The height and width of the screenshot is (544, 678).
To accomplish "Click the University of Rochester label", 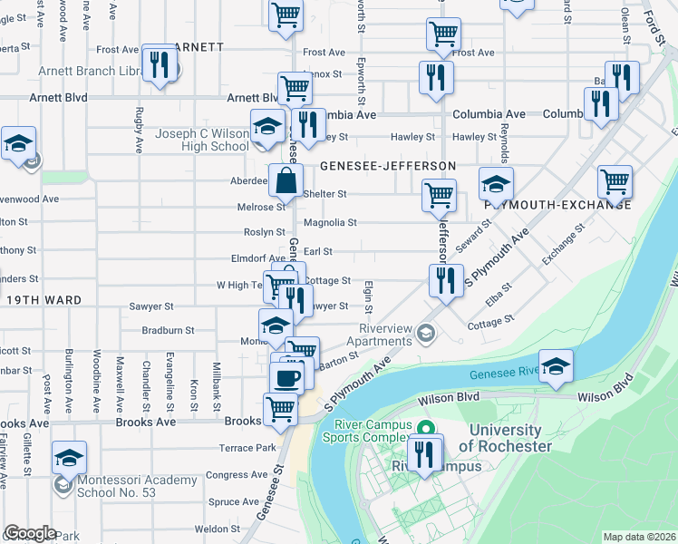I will point(505,438).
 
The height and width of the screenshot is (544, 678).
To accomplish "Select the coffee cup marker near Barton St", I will point(287,378).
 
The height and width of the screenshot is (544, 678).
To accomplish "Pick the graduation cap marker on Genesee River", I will point(556,366).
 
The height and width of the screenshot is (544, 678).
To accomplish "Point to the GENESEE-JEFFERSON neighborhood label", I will point(387,166).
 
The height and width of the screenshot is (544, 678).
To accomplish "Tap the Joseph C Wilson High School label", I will point(202,140).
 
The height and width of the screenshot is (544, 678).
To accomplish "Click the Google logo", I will point(30,533).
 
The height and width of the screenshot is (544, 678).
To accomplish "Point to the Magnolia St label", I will point(330,222).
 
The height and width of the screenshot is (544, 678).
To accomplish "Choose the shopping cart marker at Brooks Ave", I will point(281,410).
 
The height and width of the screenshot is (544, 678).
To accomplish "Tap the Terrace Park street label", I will point(247,448).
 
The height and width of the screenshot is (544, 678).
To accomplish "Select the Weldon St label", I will point(217,529).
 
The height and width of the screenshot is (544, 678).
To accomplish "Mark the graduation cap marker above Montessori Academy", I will point(69,458).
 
